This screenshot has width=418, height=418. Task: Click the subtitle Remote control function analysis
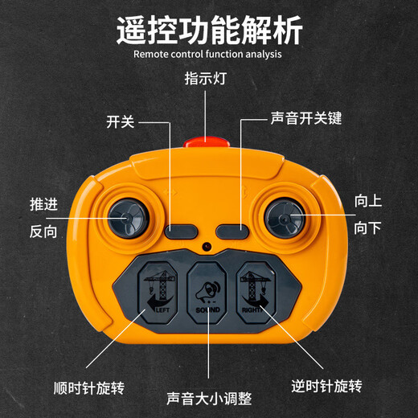(x=209, y=55)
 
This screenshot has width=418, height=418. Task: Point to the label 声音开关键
(x=305, y=119)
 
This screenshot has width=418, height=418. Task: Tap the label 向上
(x=367, y=201)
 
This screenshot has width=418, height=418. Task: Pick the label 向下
(x=367, y=228)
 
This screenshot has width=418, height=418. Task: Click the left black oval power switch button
(x=182, y=232)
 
